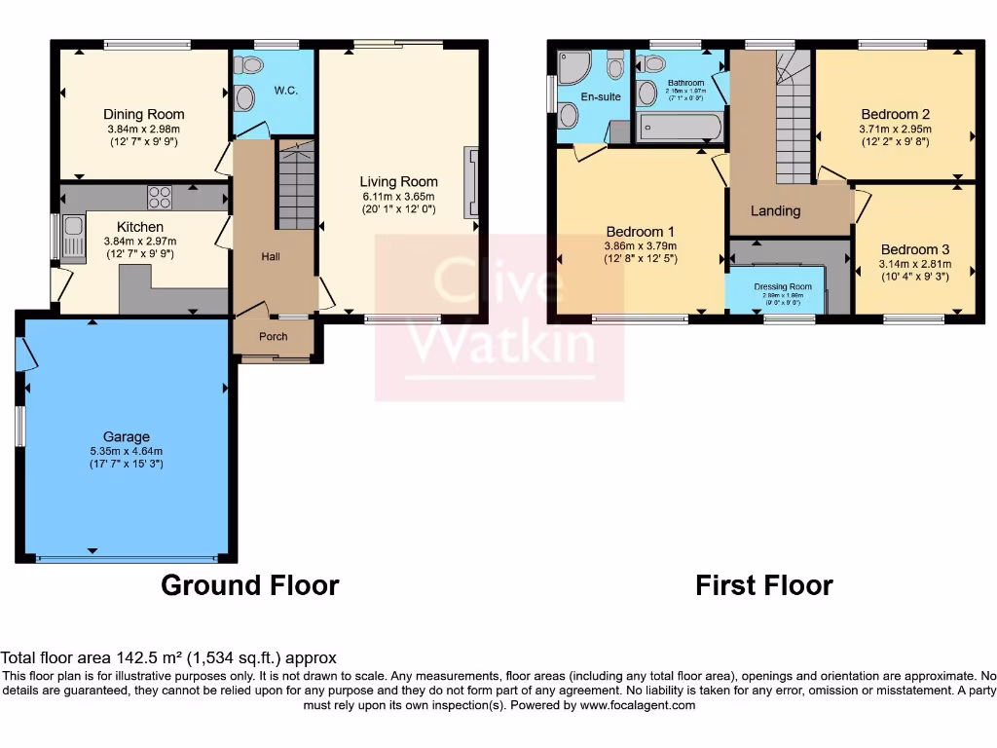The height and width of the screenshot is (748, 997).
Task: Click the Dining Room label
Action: (x=144, y=115)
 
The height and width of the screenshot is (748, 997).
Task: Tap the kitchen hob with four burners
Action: (x=159, y=198)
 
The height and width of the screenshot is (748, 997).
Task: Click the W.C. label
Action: (x=285, y=91)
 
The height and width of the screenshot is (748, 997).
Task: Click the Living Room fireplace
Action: (x=472, y=181)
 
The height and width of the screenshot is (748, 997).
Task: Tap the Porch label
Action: (x=273, y=337)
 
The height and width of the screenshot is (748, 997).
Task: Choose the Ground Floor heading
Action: (x=249, y=585)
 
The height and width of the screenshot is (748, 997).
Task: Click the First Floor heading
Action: (x=763, y=585)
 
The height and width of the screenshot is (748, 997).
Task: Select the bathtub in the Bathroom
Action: (x=680, y=128)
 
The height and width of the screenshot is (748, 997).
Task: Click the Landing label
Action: (x=775, y=210)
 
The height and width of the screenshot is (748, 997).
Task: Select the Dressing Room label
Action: (x=783, y=286)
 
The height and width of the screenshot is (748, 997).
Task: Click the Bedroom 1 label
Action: (x=640, y=232)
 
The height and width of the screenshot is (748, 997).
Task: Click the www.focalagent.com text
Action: (x=638, y=705)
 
